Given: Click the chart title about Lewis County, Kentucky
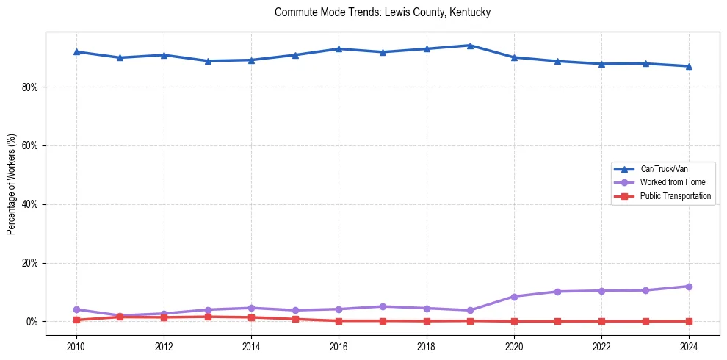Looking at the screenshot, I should pyautogui.click(x=382, y=12).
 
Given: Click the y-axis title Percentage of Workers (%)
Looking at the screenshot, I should pyautogui.click(x=12, y=184).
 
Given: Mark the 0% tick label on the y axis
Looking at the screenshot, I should pyautogui.click(x=32, y=322).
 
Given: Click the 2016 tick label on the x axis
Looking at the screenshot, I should pyautogui.click(x=339, y=346).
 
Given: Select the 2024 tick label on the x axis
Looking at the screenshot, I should pyautogui.click(x=689, y=346).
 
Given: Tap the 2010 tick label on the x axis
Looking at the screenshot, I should pyautogui.click(x=76, y=346).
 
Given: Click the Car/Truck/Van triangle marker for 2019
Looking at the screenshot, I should pyautogui.click(x=470, y=46).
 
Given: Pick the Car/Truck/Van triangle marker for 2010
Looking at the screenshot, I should pyautogui.click(x=76, y=51).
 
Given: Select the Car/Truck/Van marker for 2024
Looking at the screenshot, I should pyautogui.click(x=689, y=66).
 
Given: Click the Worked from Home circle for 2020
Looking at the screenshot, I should pyautogui.click(x=514, y=297).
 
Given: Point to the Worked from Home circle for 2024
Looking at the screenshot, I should pyautogui.click(x=689, y=287).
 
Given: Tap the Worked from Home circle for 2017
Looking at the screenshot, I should pyautogui.click(x=383, y=306).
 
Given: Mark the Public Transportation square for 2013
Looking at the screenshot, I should pyautogui.click(x=208, y=317).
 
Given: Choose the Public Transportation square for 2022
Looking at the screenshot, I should pyautogui.click(x=601, y=321).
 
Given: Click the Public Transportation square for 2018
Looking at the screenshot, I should pyautogui.click(x=427, y=321).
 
